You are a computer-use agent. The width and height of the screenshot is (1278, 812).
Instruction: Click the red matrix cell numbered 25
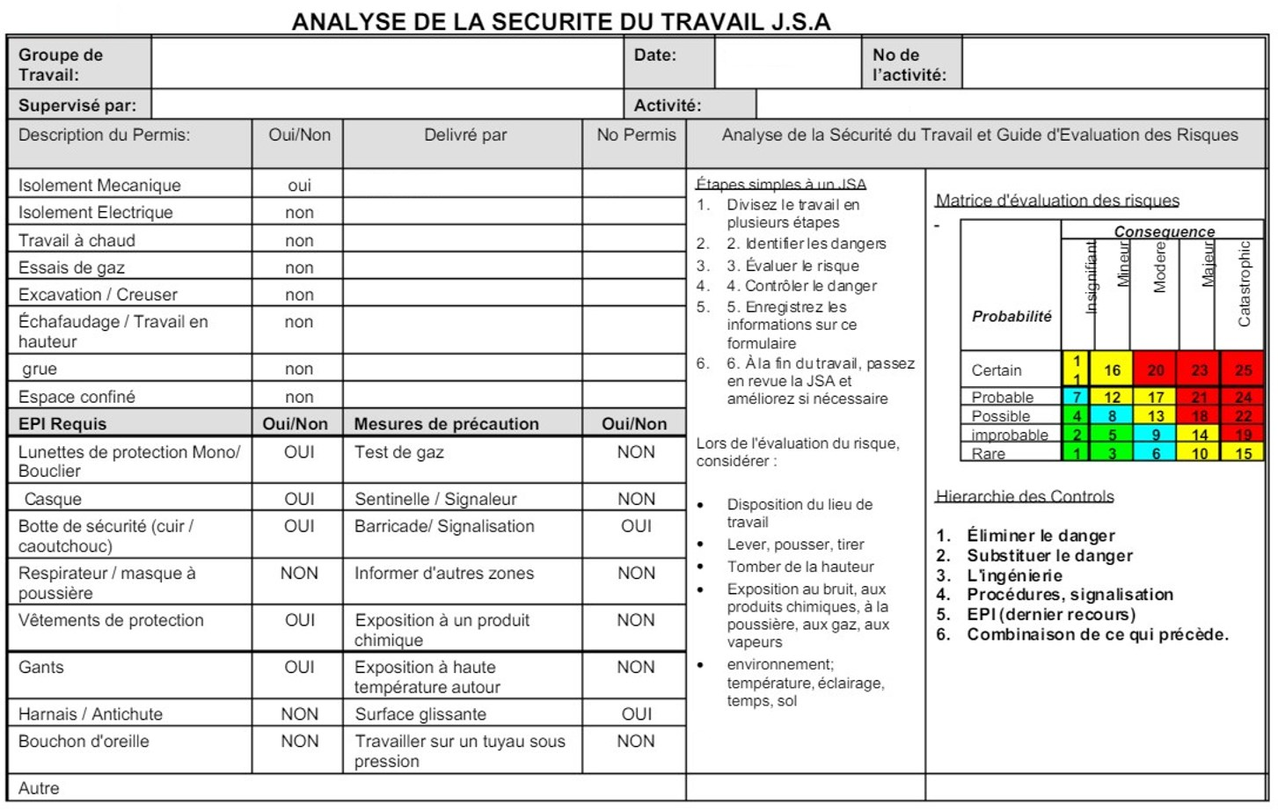(1242, 369)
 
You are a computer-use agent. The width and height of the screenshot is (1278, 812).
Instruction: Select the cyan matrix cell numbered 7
(1076, 397)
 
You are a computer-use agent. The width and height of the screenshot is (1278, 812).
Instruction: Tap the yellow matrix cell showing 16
(1112, 369)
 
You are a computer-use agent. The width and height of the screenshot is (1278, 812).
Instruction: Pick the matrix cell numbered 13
(1155, 416)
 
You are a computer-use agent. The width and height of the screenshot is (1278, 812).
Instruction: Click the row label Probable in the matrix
(1002, 397)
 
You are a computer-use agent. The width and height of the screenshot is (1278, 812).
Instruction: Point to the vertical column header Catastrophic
(1244, 283)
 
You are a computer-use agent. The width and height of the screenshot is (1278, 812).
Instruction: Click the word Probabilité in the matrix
(1011, 316)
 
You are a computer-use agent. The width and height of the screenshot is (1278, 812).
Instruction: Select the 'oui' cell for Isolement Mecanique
(299, 185)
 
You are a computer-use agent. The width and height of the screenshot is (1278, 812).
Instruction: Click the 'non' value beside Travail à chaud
(299, 240)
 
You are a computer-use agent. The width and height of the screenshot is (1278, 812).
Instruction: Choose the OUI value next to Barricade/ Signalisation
(636, 526)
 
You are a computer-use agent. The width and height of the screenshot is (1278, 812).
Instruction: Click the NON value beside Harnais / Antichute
(299, 713)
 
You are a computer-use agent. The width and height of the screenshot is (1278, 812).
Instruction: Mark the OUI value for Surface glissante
(636, 713)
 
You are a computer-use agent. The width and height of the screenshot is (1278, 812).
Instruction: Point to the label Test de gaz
(398, 452)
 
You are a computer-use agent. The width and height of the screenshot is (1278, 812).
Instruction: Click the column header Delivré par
(465, 135)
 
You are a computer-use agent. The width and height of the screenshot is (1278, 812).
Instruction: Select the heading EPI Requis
(62, 423)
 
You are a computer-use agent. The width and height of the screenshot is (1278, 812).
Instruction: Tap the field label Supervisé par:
(77, 106)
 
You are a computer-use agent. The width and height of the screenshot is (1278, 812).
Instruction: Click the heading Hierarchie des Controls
(1025, 496)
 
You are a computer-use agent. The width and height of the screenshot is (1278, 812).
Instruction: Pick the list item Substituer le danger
(1049, 555)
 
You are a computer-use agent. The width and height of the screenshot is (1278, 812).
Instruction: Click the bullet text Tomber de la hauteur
(800, 567)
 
